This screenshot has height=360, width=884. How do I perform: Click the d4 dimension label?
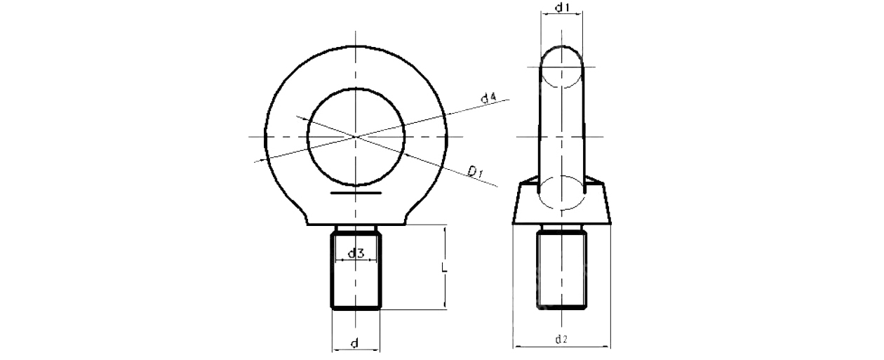489,98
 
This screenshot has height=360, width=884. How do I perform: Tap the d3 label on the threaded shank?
355,253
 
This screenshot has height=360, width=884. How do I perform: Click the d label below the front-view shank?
354,343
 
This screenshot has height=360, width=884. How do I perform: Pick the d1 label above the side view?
561,8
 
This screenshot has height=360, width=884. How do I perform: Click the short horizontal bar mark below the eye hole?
356,192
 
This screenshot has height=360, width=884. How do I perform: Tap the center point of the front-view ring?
356,135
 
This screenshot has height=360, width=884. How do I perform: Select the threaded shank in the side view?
561,269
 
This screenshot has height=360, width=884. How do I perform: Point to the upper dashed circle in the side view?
561,67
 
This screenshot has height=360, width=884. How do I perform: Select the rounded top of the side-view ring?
561,46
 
